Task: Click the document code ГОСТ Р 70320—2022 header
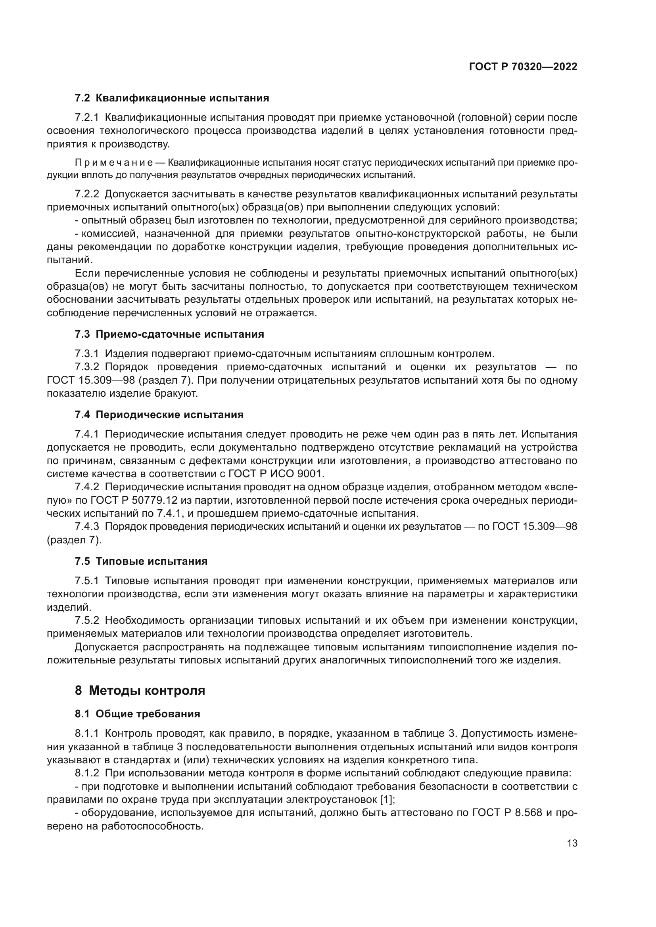(x=523, y=67)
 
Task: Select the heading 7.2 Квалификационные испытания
(x=172, y=98)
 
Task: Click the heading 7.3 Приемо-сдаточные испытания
(x=169, y=334)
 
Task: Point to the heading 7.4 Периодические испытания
(x=159, y=415)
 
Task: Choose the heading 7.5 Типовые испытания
(x=141, y=561)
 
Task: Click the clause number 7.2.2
(x=87, y=194)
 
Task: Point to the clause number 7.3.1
(x=87, y=354)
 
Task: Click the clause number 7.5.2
(x=87, y=620)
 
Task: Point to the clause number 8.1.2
(x=87, y=773)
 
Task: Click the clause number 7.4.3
(x=87, y=526)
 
